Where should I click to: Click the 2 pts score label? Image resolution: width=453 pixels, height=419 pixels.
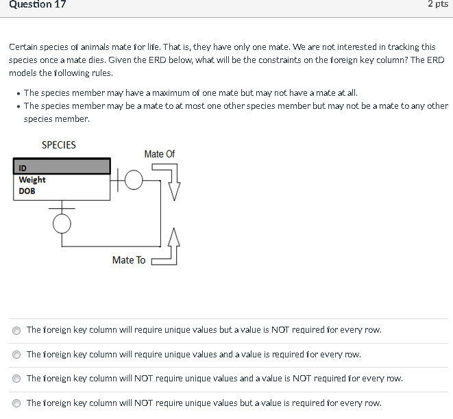click(437, 5)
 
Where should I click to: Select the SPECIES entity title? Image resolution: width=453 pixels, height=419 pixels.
click(59, 145)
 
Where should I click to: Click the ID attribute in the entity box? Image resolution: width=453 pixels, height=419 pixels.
click(23, 168)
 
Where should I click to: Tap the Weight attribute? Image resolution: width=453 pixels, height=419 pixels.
click(32, 180)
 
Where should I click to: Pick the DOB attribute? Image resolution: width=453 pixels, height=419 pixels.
click(27, 191)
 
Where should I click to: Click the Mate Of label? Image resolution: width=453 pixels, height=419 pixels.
click(159, 154)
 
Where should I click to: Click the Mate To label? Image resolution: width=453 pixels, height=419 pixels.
click(129, 260)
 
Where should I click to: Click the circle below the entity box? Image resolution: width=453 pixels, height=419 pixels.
click(62, 223)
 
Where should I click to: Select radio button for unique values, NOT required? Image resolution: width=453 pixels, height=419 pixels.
click(17, 330)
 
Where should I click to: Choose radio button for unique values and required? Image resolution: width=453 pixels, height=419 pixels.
click(17, 355)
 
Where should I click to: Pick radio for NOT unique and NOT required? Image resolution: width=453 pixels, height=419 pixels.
click(17, 379)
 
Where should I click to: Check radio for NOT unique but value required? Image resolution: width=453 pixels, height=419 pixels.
click(17, 403)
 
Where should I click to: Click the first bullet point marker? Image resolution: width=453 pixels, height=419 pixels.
click(17, 93)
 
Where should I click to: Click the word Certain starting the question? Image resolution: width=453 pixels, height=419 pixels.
click(23, 47)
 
